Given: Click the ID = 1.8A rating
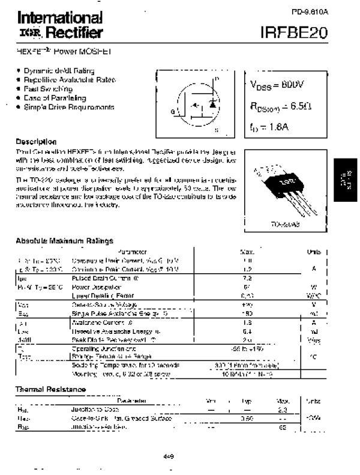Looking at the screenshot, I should point(269,126).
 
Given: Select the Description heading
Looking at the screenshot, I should point(37,141).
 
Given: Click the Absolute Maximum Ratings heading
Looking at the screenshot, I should point(65,241).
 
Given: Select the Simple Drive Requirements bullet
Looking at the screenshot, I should point(68,107).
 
